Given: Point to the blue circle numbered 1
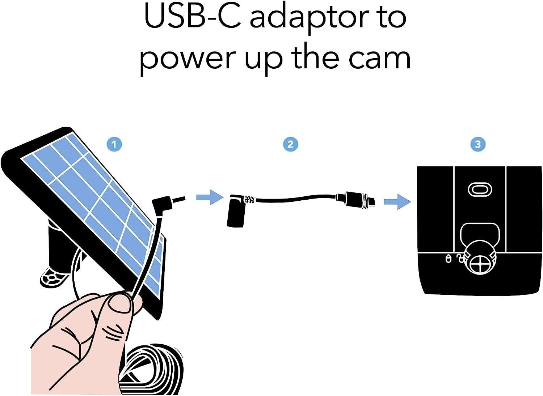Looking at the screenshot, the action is click(x=114, y=145).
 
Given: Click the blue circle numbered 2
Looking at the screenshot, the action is click(x=290, y=145).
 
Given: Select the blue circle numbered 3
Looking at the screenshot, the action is click(x=478, y=145).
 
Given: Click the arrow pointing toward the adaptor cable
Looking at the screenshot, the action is click(x=210, y=197).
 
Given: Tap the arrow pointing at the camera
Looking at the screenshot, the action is click(x=397, y=201).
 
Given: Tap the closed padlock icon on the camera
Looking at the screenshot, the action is click(x=449, y=259).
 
